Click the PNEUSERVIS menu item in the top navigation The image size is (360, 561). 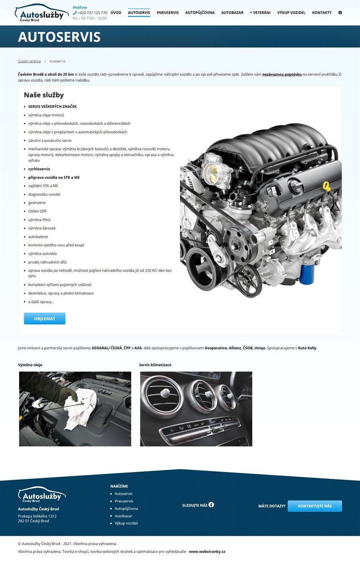pos(167,13)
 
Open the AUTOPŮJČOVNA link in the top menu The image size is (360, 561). pos(200,13)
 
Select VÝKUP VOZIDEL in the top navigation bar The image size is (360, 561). pos(291,13)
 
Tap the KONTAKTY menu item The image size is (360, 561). pos(322,13)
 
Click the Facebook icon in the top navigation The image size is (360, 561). pos(340,13)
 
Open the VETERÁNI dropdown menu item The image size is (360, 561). pos(260,13)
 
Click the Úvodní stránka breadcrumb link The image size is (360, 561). pos(29,61)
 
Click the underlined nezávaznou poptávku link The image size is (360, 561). pos(282,75)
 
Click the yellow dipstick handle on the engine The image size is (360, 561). pos(326,186)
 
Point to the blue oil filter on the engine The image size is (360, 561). pos(307,274)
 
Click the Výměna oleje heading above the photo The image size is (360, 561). pos(30,365)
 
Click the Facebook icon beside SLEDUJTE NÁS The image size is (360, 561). pos(211,505)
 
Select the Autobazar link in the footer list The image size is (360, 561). pos(123,516)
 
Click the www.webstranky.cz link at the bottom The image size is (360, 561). pos(207,552)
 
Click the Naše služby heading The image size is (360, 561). pos(44,95)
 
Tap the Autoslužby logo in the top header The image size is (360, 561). pos(42,13)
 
